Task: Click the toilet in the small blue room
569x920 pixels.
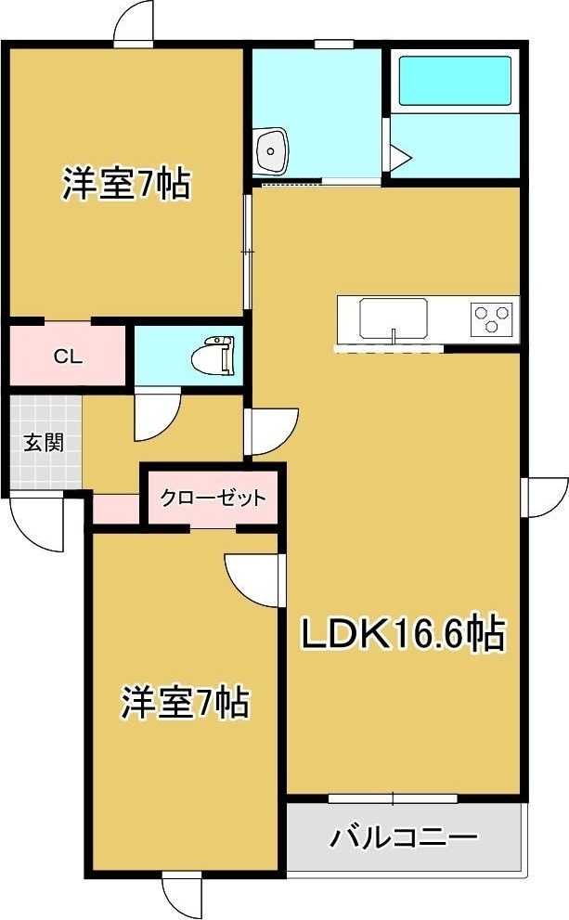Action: point(214,355)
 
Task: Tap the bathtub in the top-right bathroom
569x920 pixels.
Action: point(454,83)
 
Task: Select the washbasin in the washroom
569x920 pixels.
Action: point(272,149)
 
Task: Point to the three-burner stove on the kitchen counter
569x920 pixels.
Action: point(493,319)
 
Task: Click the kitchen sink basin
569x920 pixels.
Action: point(393,318)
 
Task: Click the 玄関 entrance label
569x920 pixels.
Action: point(44,442)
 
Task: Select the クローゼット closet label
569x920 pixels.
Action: point(213,498)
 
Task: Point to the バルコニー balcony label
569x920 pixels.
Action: point(403,838)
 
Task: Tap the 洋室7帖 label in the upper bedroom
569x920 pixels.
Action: point(126,184)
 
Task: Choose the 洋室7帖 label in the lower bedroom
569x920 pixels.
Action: point(185,703)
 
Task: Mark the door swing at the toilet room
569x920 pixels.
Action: point(156,416)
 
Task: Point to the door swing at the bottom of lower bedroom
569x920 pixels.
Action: point(181,896)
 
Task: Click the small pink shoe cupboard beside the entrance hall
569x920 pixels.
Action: point(116,508)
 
